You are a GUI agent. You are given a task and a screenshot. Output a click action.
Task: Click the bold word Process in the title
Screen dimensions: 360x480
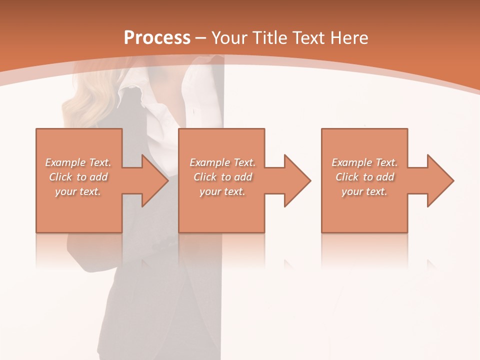tap(157, 38)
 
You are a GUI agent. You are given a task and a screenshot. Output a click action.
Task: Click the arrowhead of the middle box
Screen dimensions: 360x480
tap(297, 180)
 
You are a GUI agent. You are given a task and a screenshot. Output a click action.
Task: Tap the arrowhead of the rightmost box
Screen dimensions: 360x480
tap(440, 180)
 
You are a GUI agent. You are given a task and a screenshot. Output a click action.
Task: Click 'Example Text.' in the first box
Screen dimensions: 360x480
tap(78, 162)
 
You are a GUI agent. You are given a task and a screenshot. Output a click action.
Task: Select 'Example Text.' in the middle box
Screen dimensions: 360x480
tap(222, 162)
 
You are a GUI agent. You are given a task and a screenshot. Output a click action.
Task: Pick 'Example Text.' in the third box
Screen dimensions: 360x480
tap(364, 162)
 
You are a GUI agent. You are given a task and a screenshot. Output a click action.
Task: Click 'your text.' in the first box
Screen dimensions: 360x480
tap(78, 191)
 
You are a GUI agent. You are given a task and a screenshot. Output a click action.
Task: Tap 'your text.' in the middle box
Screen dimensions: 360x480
tap(222, 191)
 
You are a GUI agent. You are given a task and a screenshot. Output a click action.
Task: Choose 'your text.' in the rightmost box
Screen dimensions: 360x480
tap(364, 191)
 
